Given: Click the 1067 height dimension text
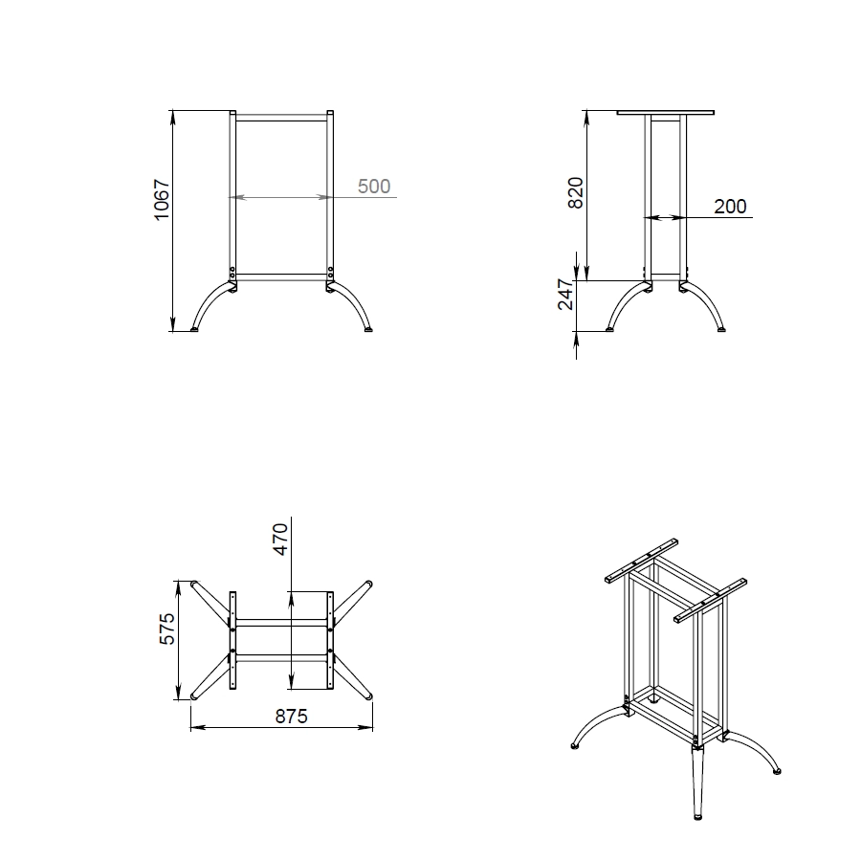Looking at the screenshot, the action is coord(162,199).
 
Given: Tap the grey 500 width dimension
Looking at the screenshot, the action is coord(374,187).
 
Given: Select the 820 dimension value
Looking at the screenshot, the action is coord(575,192).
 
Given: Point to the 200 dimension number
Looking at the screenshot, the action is coord(730,207).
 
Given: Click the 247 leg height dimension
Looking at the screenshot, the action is coord(565,295).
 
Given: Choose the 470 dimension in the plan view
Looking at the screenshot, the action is coord(280,540).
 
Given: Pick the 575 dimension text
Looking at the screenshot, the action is coord(166,629).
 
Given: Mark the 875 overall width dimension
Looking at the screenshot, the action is coord(291,716).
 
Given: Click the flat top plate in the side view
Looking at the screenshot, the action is coord(666,113).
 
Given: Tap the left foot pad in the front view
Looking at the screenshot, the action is coord(194,329).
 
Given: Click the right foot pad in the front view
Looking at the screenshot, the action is coord(368,329).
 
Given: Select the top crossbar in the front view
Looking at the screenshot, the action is coord(281,118).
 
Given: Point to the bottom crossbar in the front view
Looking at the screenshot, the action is coord(281,277).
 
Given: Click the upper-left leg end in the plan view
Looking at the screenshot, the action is coord(194,584).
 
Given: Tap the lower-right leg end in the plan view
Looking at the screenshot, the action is coord(368,696).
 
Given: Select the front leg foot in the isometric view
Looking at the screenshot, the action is coord(698,817).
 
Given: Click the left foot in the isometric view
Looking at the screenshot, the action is coord(575,746).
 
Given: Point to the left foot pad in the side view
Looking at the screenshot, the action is coord(609,329).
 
